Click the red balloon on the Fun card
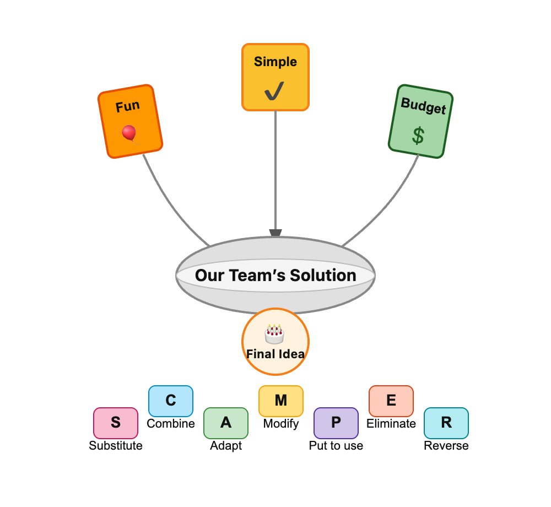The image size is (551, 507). (129, 132)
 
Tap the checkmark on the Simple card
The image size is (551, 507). (274, 91)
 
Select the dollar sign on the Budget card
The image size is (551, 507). (418, 136)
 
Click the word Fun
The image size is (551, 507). (127, 106)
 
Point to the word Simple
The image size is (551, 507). (275, 62)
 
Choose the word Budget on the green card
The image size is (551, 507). (423, 106)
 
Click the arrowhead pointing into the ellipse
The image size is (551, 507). (275, 234)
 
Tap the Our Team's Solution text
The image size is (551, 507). (275, 276)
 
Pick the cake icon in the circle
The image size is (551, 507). (274, 334)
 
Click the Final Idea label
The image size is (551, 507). (275, 354)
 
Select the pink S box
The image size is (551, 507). (116, 423)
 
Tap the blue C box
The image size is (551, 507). (171, 401)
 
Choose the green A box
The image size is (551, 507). (226, 423)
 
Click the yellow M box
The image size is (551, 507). (281, 401)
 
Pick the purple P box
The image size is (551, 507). (336, 423)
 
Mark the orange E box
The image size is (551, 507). (391, 401)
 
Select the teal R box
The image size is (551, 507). (446, 423)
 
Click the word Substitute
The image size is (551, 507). (116, 446)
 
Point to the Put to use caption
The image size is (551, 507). (336, 446)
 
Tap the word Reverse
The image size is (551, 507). (446, 446)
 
